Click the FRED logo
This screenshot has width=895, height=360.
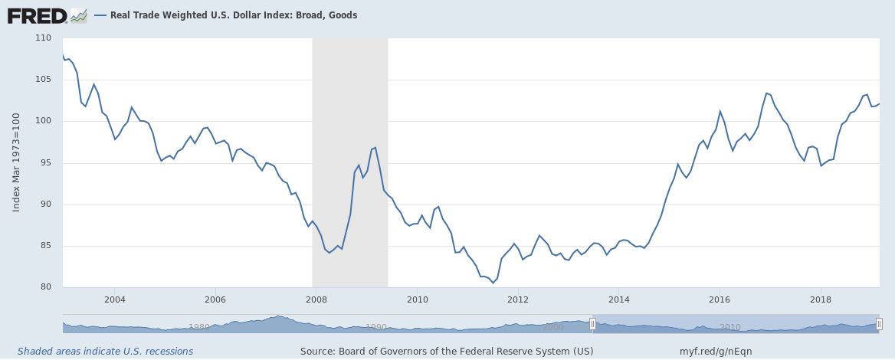pos(37,15)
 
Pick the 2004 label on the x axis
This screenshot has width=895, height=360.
pos(114,299)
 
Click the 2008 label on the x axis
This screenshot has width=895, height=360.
pos(316,299)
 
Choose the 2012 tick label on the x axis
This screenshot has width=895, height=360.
pos(518,299)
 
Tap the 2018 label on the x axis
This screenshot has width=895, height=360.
pos(821,299)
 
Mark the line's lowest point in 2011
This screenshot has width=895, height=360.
pos(493,283)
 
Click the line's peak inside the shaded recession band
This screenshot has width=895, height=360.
pos(375,147)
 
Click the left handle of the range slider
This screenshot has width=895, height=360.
pos(592,324)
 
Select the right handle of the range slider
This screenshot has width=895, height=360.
pos(879,324)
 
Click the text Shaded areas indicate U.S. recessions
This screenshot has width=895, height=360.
pos(105,352)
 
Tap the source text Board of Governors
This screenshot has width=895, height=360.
pos(447,352)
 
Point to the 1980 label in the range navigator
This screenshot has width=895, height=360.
pos(199,327)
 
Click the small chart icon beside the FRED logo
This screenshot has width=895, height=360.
pos(78,15)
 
